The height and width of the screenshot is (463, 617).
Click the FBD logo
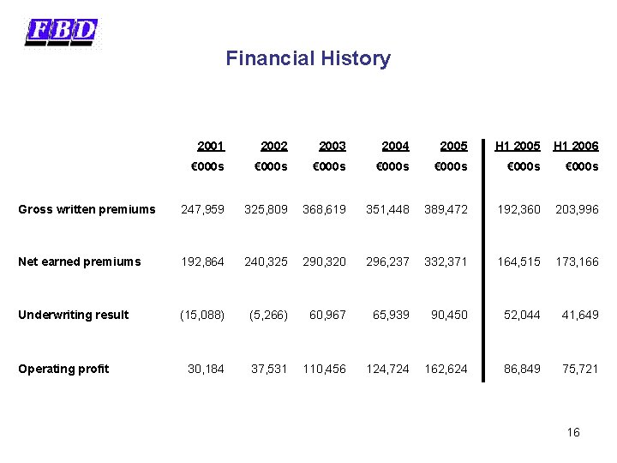[x=61, y=33]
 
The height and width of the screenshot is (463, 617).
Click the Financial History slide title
[x=308, y=58]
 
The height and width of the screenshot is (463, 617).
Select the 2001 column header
[x=211, y=146]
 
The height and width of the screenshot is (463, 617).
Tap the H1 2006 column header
[x=576, y=146]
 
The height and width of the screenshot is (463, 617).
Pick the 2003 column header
[x=332, y=146]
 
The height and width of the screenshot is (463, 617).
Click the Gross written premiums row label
[x=87, y=209]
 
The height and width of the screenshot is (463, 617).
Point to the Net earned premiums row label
[x=80, y=262]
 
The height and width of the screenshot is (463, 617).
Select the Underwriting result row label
[x=73, y=315]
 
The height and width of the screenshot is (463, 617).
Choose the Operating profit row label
[x=63, y=369]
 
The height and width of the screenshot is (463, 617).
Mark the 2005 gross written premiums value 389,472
[x=446, y=209]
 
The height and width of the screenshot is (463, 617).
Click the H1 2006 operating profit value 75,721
[x=580, y=369]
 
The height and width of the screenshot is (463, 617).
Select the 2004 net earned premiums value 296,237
[x=387, y=262]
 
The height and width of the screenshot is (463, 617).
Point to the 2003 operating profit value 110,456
[x=324, y=369]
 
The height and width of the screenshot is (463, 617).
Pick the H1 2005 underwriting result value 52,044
[x=522, y=315]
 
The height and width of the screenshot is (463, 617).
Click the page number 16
[x=573, y=432]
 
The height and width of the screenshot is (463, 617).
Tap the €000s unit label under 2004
[x=392, y=166]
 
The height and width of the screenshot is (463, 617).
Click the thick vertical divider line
[x=483, y=261]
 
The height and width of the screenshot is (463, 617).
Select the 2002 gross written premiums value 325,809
[x=266, y=209]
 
